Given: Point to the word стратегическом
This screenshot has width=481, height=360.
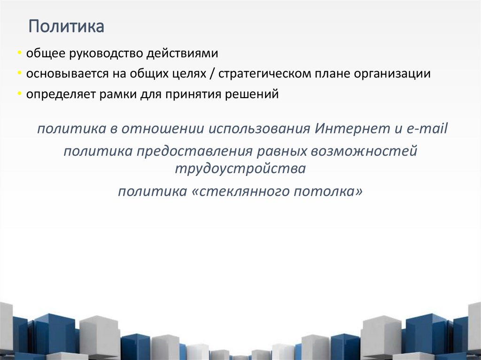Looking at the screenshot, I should (x=266, y=74).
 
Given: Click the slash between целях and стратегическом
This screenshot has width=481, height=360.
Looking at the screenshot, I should (x=212, y=74).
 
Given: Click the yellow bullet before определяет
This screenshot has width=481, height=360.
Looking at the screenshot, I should (x=19, y=94).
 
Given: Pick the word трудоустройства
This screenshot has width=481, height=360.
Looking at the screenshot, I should (x=240, y=168).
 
